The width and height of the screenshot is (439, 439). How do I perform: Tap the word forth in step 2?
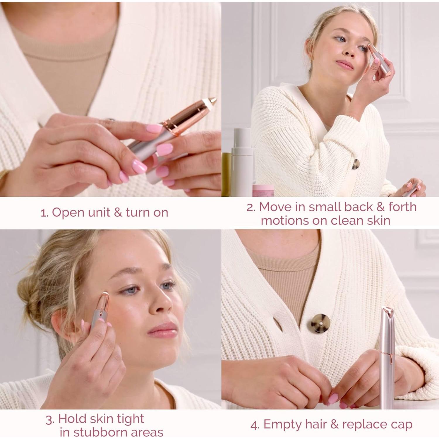pyautogui.click(x=402, y=207)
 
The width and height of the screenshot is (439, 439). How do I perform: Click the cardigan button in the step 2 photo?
pyautogui.click(x=355, y=164)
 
